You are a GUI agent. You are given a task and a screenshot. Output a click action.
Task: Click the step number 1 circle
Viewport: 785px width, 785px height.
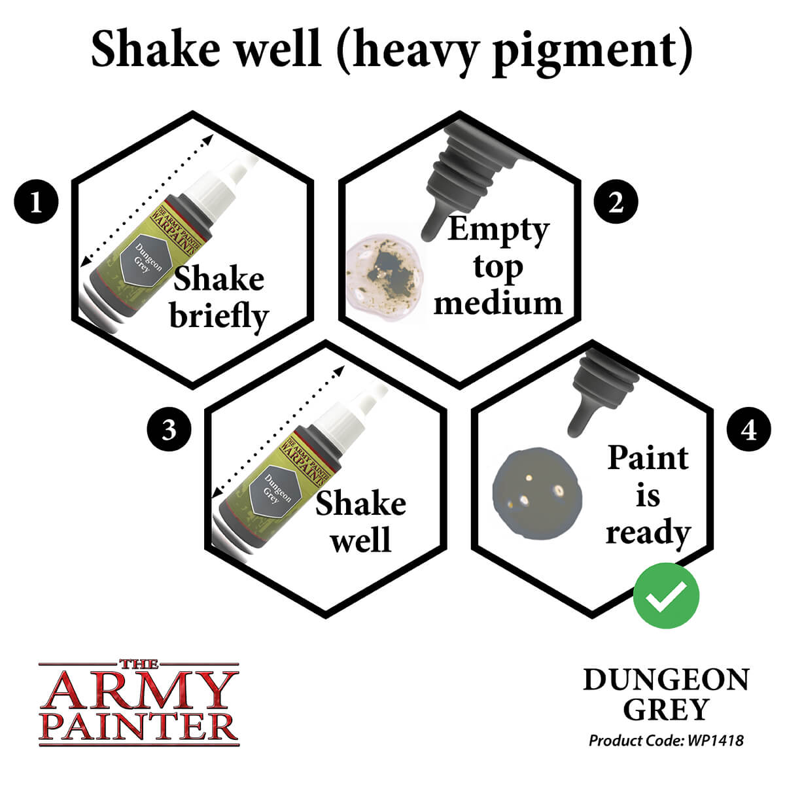[36, 201]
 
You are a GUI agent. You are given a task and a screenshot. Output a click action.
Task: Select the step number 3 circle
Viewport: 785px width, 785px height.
[169, 430]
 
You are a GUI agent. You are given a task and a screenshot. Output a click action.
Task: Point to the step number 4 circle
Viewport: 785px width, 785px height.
[749, 430]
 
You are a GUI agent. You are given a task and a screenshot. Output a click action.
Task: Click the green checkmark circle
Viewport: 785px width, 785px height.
[666, 596]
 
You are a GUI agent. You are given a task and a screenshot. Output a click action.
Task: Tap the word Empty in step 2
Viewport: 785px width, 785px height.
[497, 230]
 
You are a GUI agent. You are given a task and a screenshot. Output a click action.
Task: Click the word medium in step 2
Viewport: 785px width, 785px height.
[498, 303]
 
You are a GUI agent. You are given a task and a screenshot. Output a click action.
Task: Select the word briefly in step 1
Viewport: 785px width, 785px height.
[219, 316]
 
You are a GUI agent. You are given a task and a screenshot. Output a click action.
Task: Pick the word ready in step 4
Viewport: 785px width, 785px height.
[648, 532]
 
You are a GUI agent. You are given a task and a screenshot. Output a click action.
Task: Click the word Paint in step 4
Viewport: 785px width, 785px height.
[648, 458]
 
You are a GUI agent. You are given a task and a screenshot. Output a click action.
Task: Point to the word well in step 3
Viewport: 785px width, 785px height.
[360, 540]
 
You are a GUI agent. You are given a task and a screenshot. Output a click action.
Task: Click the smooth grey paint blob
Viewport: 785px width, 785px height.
[536, 490]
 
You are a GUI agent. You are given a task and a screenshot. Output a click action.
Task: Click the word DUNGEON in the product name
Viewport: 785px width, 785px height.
[666, 680]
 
